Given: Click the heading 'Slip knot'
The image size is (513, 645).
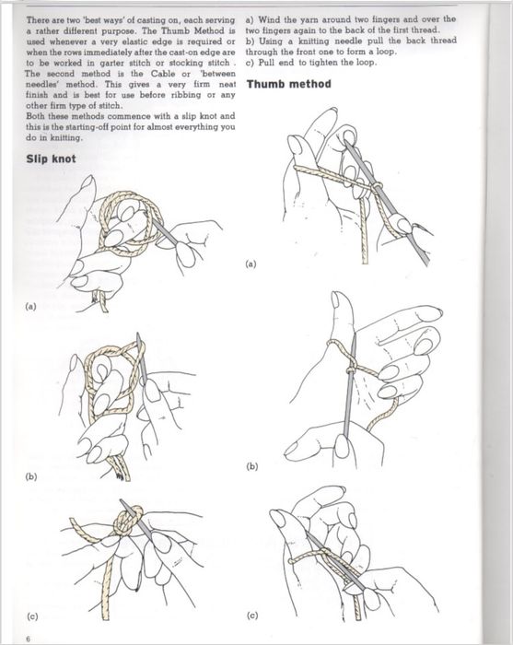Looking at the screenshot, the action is (51, 158).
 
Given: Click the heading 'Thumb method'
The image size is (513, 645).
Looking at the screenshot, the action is (288, 85).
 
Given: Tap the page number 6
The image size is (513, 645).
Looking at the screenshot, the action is (28, 639).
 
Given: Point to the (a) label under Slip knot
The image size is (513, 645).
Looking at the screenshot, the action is (30, 307).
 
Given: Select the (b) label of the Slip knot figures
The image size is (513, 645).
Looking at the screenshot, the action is (31, 476).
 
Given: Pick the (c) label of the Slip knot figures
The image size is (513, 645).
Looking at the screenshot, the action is (32, 616).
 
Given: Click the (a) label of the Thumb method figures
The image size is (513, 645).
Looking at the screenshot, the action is (251, 264).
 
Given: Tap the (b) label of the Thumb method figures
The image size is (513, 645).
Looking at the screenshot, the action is (251, 466).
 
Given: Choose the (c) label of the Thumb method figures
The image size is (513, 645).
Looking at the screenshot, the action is (252, 616).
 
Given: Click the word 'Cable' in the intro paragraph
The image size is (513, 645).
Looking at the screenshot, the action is (163, 74).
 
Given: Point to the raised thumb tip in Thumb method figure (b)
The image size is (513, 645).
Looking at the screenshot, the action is (341, 297).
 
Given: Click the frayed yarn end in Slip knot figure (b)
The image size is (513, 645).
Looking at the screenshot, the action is (121, 476).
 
